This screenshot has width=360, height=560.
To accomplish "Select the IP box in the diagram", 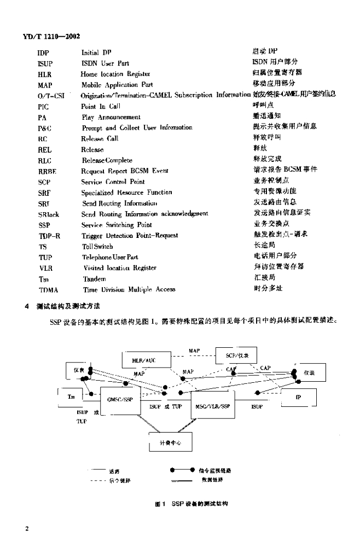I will coord(298,398).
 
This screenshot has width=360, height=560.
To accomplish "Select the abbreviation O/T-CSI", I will coord(52,95).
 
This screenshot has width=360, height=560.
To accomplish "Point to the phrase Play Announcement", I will coord(111,116).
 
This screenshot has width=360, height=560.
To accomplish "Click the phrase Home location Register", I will coord(115,74).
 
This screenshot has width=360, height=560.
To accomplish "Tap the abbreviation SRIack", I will coord(49,214).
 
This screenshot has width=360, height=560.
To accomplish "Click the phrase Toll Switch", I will coord(97,246).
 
